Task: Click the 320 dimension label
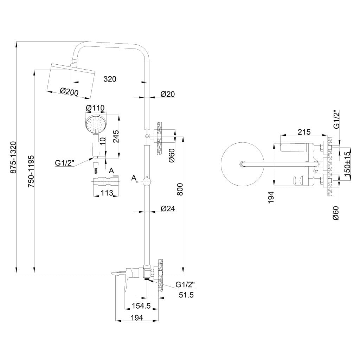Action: click(x=110, y=79)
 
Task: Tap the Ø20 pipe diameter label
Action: click(x=168, y=94)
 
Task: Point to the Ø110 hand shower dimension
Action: click(x=95, y=108)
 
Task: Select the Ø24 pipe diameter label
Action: click(x=168, y=208)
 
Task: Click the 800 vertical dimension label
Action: click(x=180, y=189)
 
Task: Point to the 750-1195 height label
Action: click(x=31, y=171)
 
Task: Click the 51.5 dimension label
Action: click(x=186, y=295)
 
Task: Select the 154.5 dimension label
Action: click(x=141, y=306)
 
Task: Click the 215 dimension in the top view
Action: click(x=304, y=132)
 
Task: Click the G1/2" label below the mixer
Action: click(x=185, y=285)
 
